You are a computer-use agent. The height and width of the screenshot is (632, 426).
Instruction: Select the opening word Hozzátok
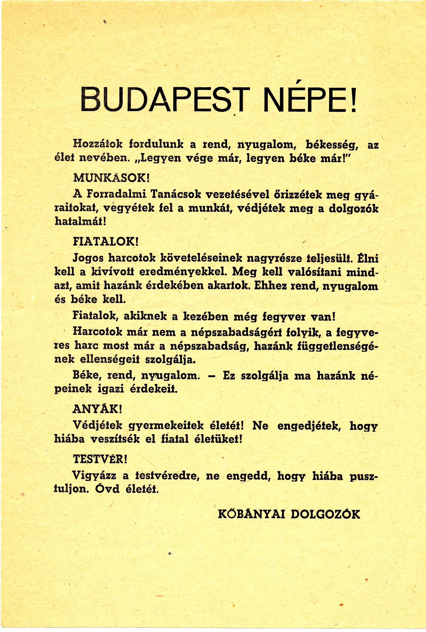98,144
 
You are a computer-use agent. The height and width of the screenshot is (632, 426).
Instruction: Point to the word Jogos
88,258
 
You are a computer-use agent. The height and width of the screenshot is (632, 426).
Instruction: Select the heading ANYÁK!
97,409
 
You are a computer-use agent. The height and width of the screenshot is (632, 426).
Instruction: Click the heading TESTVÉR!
100,459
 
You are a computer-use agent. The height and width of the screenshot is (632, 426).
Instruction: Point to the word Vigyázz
94,475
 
